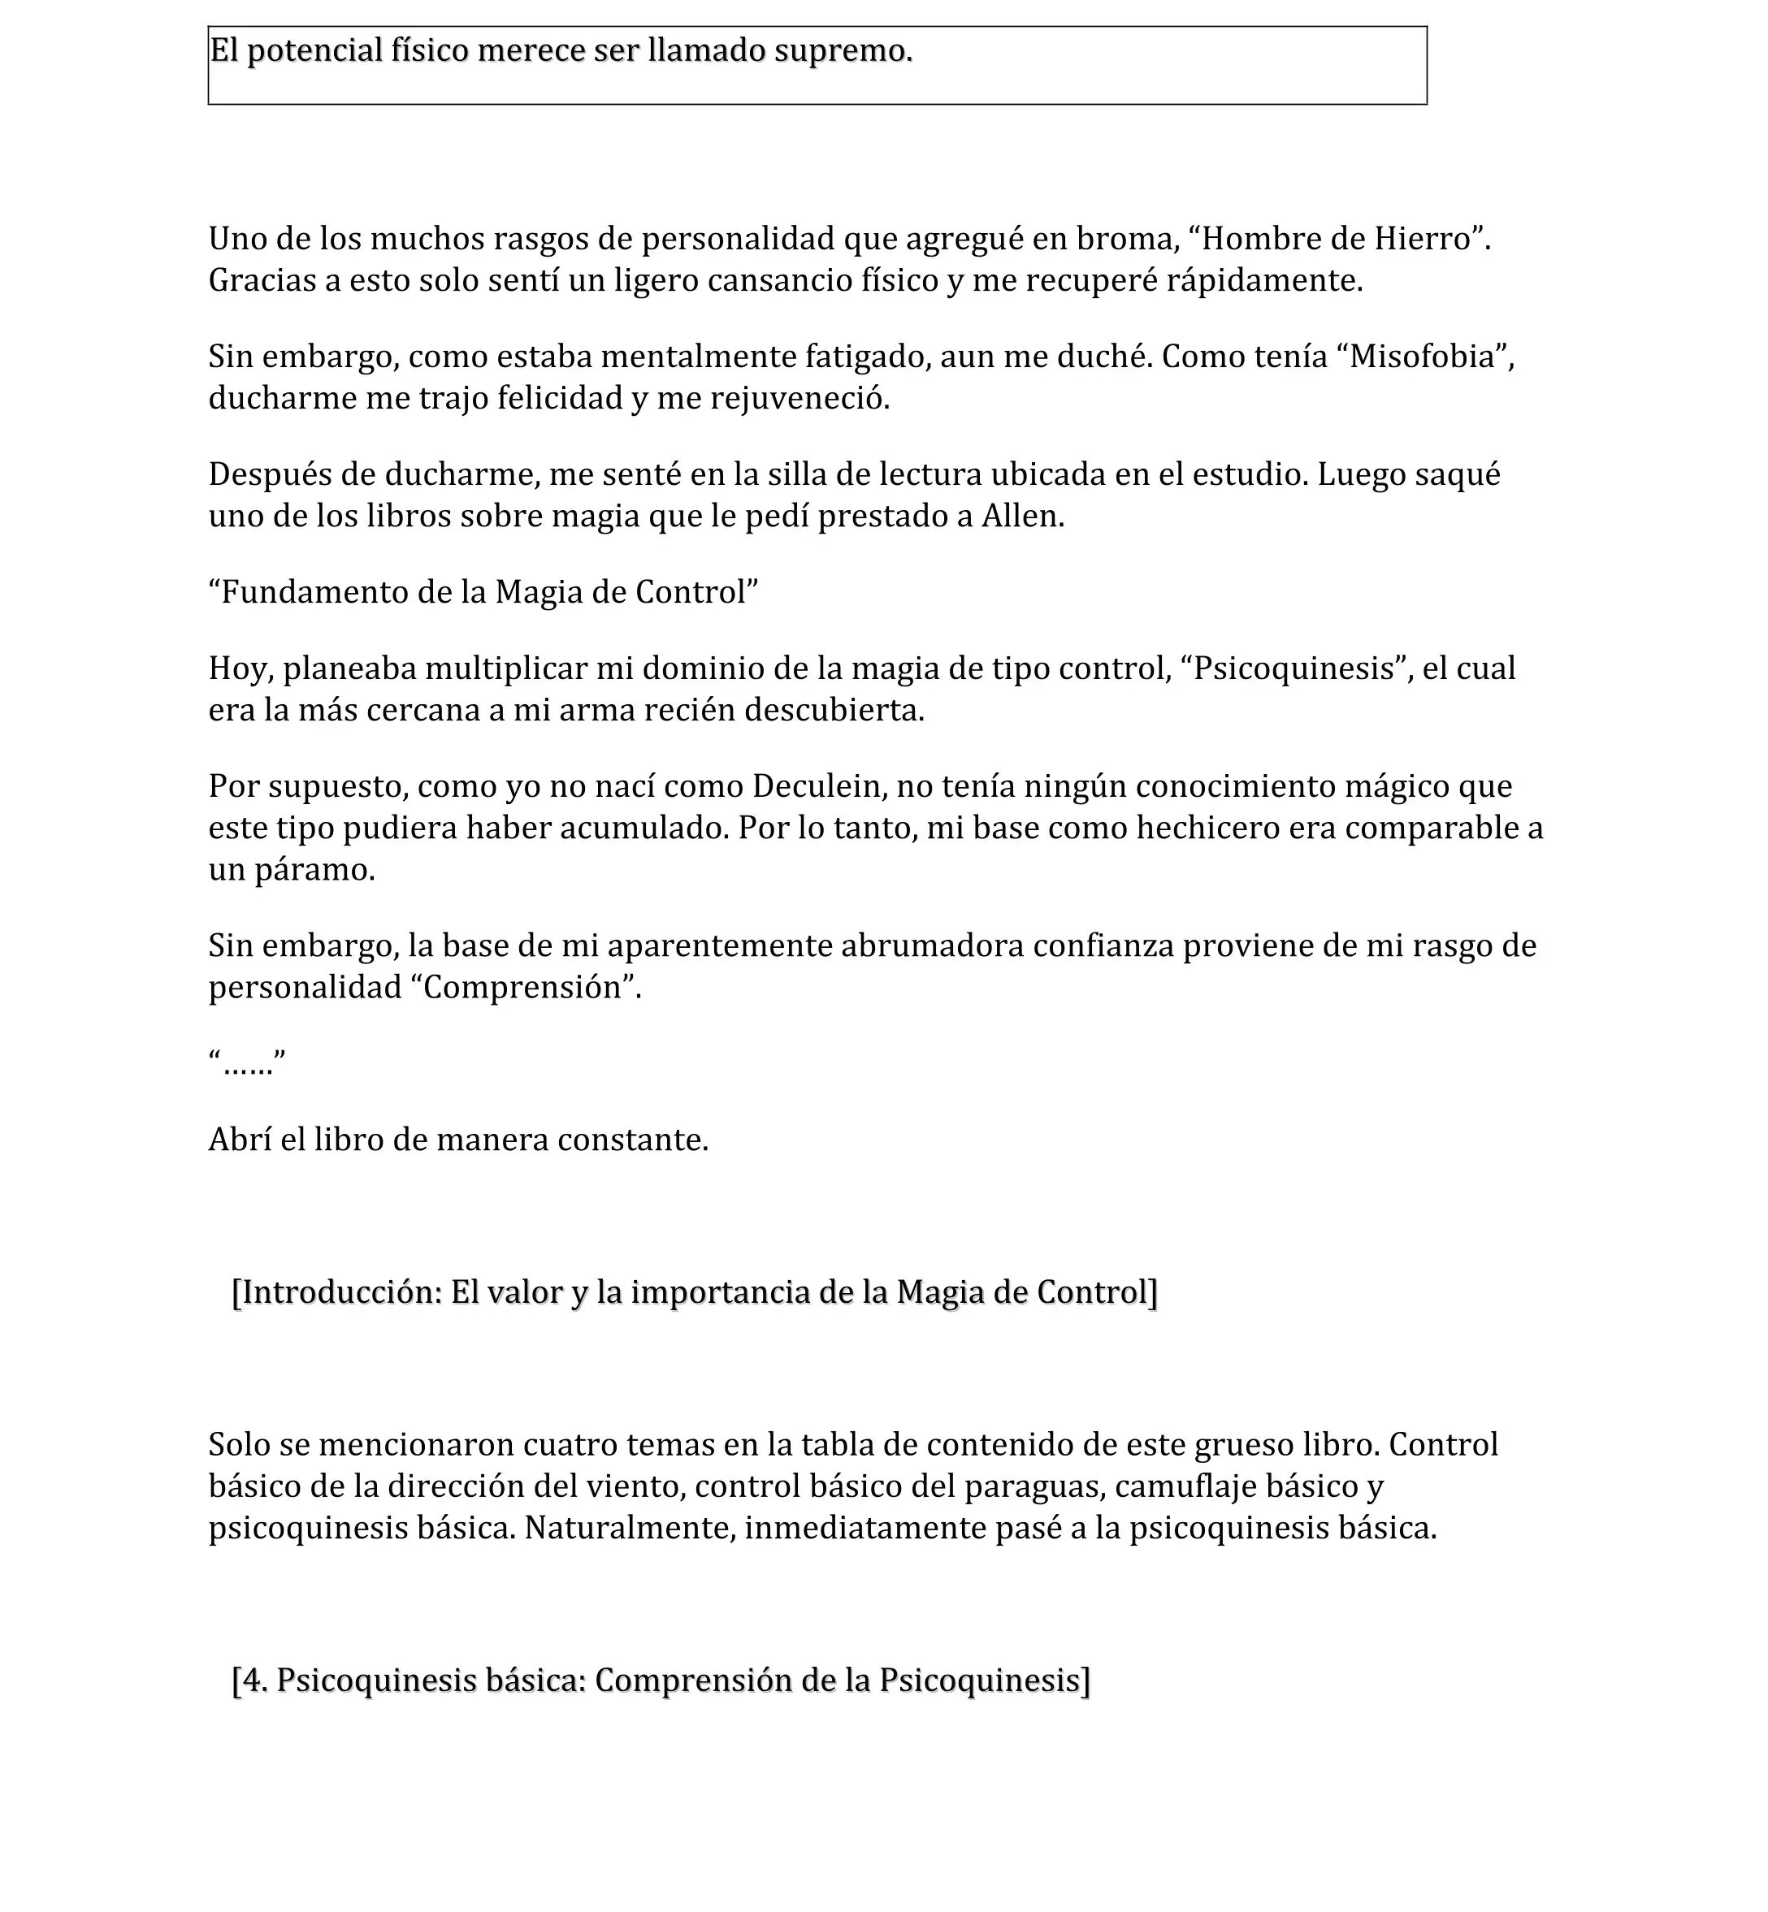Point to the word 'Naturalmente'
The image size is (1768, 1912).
pos(630,1529)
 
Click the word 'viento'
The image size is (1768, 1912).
pos(632,1487)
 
